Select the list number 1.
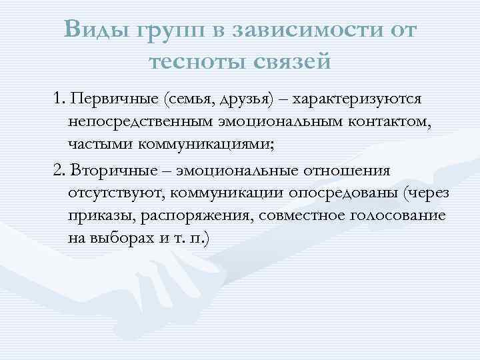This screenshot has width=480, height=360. (x=59, y=99)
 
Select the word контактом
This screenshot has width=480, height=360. (x=375, y=123)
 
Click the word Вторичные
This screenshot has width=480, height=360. (x=107, y=171)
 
